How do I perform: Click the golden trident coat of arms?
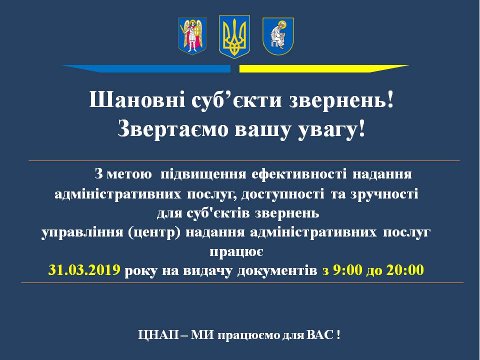(x=234, y=37)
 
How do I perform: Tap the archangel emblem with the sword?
(x=192, y=36)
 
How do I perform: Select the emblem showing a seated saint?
(x=278, y=36)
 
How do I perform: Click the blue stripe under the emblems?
(x=146, y=68)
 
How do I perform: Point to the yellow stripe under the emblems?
(x=324, y=68)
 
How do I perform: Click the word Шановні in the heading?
(x=137, y=100)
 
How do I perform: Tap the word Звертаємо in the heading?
(x=173, y=129)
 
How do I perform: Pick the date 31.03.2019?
(x=84, y=270)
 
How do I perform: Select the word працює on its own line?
(x=236, y=252)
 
